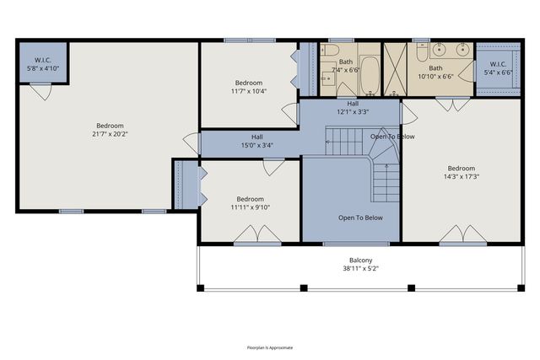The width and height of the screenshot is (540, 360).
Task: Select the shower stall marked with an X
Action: click(x=396, y=61)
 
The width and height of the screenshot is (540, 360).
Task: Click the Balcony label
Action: click(x=361, y=260)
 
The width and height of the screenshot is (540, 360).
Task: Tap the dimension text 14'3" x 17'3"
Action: click(x=462, y=176)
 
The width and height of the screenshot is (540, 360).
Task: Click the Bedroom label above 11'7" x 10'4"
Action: click(x=247, y=83)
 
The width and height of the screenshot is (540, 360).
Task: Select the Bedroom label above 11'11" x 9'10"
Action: click(x=251, y=199)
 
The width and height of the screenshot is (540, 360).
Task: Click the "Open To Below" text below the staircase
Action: click(x=360, y=218)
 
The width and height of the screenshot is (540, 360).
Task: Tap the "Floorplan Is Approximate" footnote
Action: click(x=269, y=347)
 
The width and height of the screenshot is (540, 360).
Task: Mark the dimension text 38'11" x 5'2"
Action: click(x=361, y=269)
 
